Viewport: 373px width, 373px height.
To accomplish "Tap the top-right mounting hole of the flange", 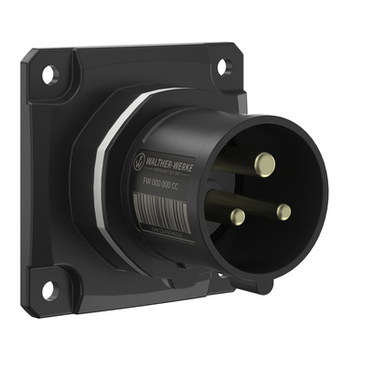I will point(224,67).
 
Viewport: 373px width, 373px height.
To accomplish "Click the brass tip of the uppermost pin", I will point(265,162).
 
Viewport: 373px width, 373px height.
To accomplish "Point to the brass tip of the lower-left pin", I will point(239,216).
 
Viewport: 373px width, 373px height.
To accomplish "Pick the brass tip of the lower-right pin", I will point(283,212).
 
